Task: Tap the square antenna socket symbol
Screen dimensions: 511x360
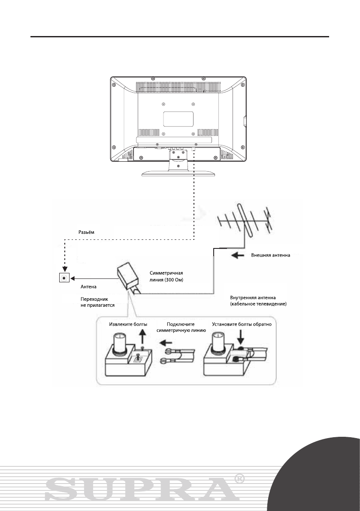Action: pyautogui.click(x=64, y=278)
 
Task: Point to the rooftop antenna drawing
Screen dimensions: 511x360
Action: pyautogui.click(x=245, y=223)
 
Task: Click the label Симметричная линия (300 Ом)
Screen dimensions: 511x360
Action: pyautogui.click(x=169, y=276)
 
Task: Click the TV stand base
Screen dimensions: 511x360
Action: pyautogui.click(x=178, y=173)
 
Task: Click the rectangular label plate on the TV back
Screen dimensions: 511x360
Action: pyautogui.click(x=178, y=118)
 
